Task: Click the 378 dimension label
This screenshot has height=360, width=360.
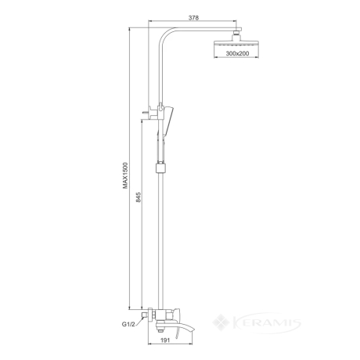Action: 193,18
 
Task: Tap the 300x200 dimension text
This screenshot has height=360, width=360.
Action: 237,53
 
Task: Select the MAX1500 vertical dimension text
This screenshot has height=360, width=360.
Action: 126,175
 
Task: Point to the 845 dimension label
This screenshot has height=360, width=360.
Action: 139,197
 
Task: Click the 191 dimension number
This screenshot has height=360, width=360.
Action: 165,340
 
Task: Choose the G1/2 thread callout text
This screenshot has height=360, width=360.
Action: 128,324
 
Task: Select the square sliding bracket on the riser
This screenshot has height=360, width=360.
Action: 160,168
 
